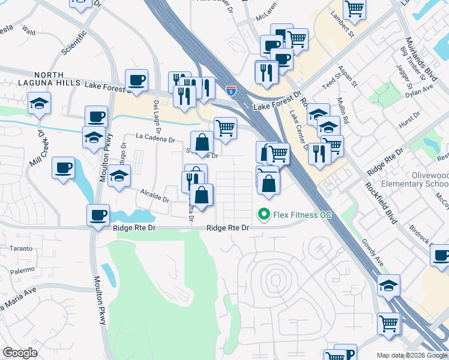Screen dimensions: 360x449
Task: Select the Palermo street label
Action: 22,270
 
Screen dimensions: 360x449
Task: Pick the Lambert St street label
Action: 341,27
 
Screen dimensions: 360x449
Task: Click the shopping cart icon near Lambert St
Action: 354,9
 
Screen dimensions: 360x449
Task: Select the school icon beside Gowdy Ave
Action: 388,286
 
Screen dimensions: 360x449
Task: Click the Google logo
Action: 20,353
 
